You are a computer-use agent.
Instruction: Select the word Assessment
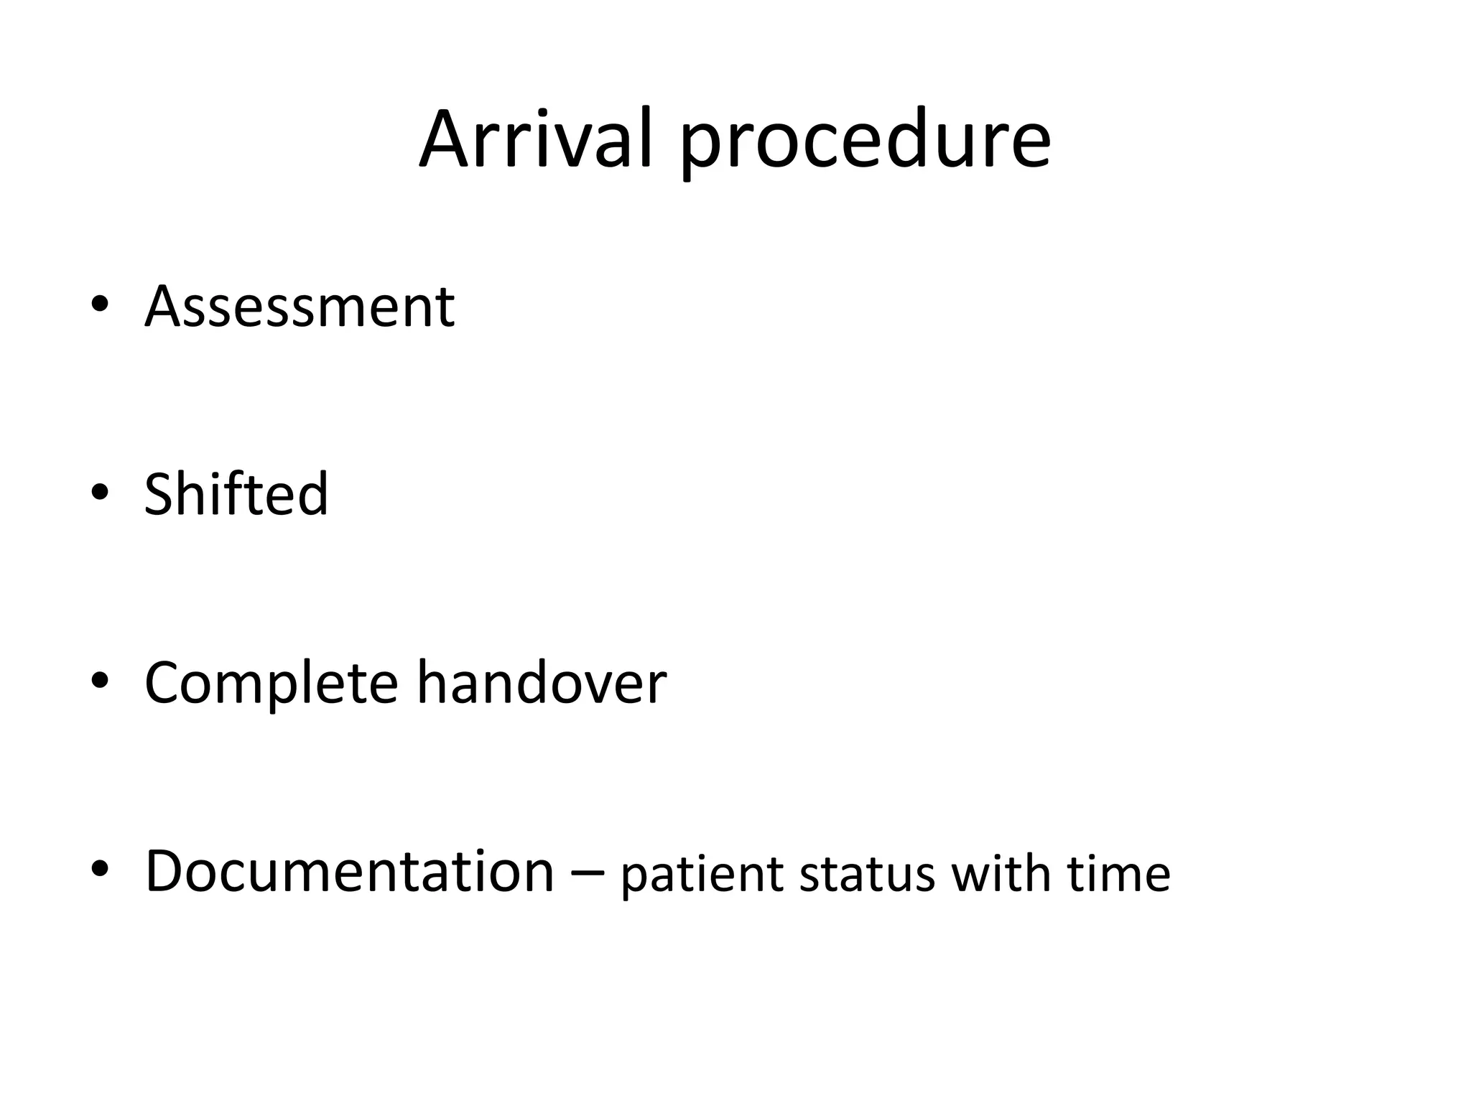[300, 307]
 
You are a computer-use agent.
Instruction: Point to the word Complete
[272, 684]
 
